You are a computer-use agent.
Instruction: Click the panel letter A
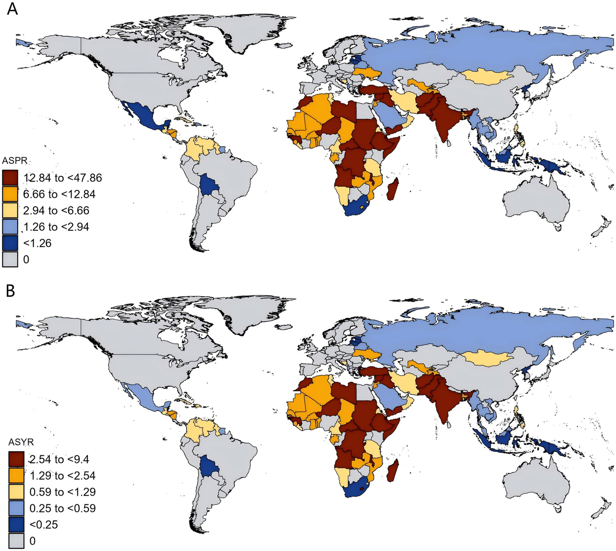pos(12,8)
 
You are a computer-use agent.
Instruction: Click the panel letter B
pos(11,290)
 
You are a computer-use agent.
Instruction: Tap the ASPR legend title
pos(15,161)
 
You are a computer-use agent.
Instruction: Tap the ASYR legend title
pos(21,442)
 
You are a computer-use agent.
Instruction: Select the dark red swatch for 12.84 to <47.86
pos(10,178)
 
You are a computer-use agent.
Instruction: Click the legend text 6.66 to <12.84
pos(59,194)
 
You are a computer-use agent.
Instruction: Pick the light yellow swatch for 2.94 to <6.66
pos(10,211)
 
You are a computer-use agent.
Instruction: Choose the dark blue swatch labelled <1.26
pos(10,243)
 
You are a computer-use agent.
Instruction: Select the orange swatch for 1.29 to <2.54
pos(16,476)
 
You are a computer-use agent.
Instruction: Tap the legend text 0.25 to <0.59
pos(63,508)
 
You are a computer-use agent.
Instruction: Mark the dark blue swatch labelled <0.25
pos(16,525)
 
